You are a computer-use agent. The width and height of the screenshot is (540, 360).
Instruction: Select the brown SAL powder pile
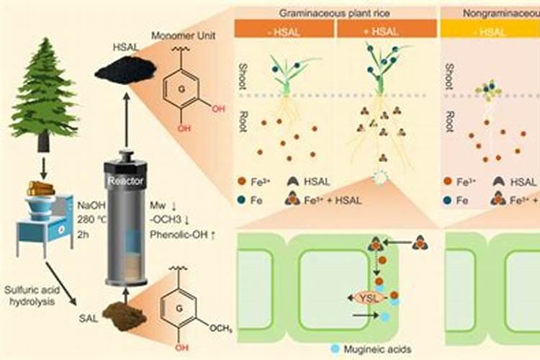point(122,312)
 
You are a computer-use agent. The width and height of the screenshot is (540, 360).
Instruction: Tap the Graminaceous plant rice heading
point(335,12)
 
